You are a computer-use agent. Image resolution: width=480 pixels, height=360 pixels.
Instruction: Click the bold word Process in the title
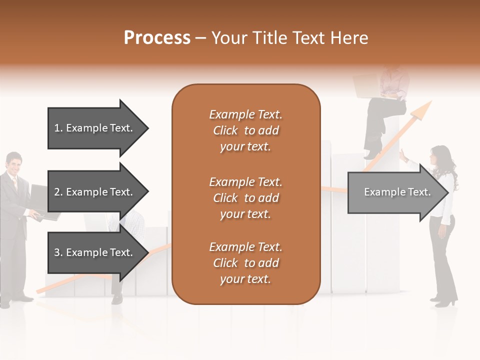click(157, 38)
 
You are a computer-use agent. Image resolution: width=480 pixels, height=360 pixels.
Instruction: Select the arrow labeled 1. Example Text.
click(95, 128)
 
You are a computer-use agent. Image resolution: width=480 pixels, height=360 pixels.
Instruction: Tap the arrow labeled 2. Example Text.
click(95, 192)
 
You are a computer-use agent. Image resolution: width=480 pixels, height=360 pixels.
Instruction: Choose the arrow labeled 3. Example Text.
click(95, 252)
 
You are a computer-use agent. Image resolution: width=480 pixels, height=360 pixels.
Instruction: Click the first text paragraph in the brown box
click(245, 130)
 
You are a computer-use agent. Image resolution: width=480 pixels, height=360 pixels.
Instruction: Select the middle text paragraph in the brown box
click(245, 198)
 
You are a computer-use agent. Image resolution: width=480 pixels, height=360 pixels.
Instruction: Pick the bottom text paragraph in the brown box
click(245, 263)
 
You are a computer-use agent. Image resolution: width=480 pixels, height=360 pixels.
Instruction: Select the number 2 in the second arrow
click(57, 192)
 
